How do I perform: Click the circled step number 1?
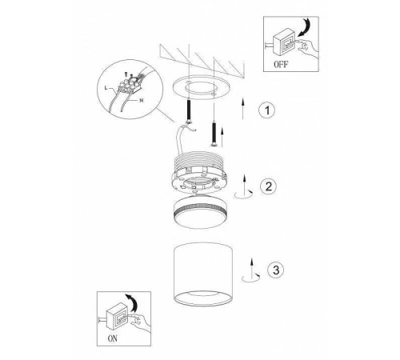(267, 110)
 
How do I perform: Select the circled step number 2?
(269, 186)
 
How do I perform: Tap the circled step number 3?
(276, 270)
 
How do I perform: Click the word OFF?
(281, 64)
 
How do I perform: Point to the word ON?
(112, 338)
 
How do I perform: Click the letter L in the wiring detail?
(106, 87)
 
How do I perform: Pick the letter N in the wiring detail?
(142, 100)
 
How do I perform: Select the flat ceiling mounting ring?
(200, 87)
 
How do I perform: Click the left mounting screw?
(190, 111)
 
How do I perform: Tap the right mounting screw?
(214, 134)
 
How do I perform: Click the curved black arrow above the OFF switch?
(305, 27)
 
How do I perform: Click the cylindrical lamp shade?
(203, 274)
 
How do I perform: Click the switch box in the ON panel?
(118, 317)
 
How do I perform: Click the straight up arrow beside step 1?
(242, 108)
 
